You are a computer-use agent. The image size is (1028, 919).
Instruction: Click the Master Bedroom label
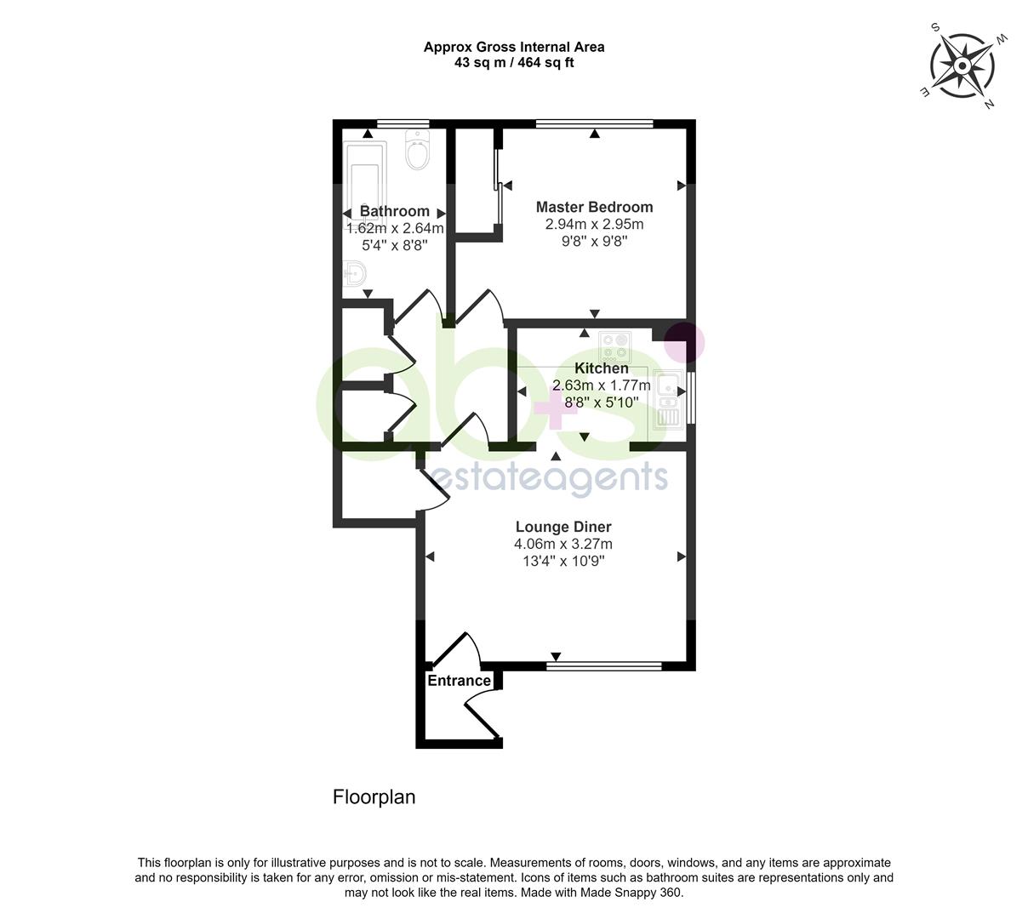594,207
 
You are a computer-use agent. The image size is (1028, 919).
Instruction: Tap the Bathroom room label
394,211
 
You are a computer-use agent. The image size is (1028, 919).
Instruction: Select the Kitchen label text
602,368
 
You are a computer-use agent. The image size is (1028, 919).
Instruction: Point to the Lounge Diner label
563,528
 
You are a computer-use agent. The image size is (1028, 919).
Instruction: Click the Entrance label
459,681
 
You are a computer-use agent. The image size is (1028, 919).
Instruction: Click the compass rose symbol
962,66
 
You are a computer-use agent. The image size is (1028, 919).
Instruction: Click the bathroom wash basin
356,274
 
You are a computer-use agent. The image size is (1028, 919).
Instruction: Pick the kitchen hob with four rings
614,346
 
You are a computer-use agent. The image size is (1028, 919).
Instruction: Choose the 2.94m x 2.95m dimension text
594,225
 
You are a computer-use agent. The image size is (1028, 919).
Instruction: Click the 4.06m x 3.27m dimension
563,545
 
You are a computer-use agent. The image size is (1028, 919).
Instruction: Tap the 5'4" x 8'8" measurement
394,245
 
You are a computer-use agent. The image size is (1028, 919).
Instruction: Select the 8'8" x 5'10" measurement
601,402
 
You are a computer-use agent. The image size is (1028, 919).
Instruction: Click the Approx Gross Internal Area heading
514,48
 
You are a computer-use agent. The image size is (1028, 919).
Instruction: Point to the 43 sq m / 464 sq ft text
514,62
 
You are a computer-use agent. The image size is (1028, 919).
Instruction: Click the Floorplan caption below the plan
374,797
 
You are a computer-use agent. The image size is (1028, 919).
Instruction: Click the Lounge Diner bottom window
603,665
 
